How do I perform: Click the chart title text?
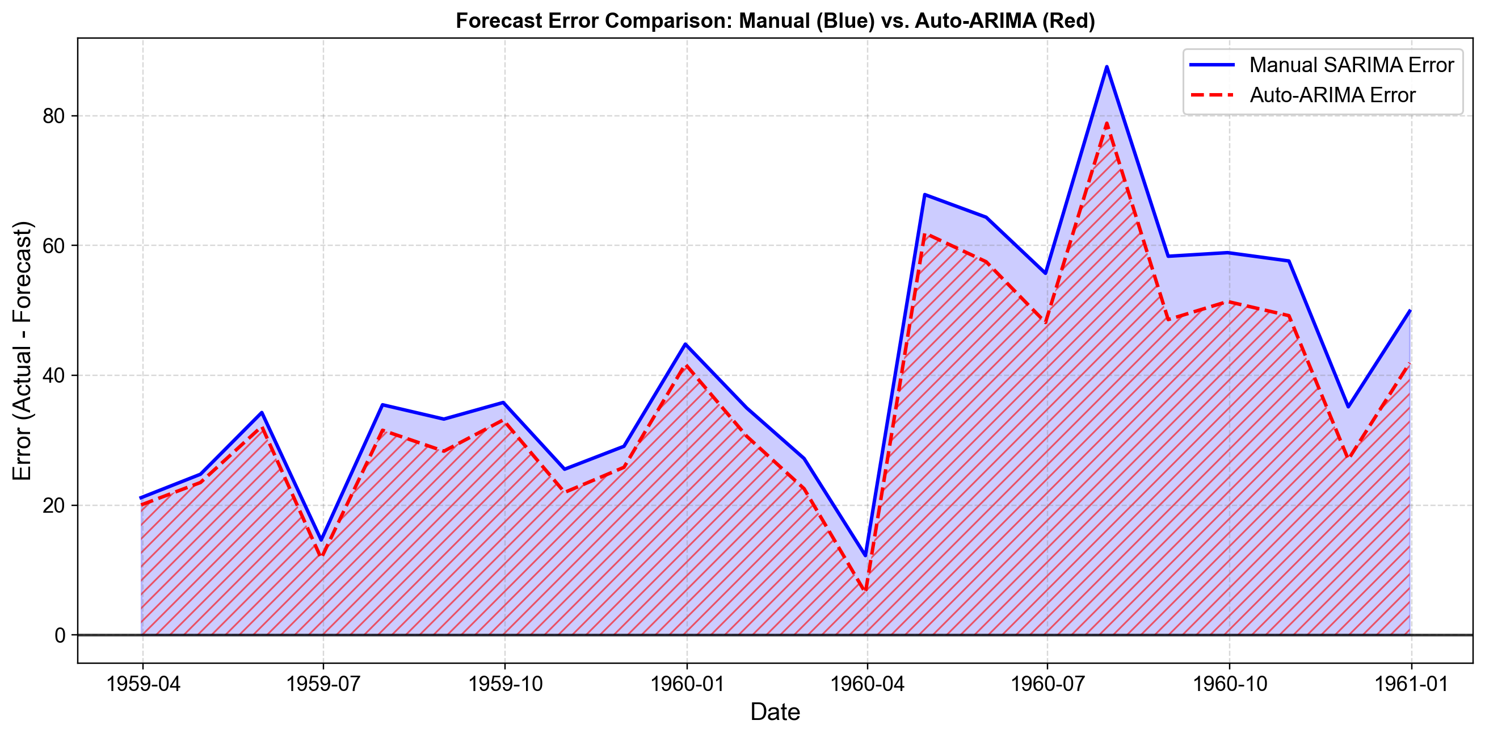click(x=775, y=21)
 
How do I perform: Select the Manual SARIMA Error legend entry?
click(x=1351, y=65)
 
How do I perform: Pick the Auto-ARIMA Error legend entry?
click(x=1332, y=95)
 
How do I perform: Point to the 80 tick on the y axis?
click(x=53, y=116)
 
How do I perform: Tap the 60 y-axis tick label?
click(x=53, y=246)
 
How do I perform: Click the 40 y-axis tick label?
click(x=53, y=375)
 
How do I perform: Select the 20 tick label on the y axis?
click(x=53, y=505)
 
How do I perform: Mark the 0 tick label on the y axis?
click(x=60, y=635)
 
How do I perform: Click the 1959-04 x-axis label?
click(x=143, y=684)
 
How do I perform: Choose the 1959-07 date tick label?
click(x=323, y=684)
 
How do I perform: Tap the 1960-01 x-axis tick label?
click(x=687, y=684)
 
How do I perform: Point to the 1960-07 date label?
click(x=1048, y=684)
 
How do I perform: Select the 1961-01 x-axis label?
click(x=1411, y=684)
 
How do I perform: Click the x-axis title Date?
click(x=775, y=713)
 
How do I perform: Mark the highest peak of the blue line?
click(x=1107, y=67)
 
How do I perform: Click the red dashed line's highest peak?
click(x=1107, y=123)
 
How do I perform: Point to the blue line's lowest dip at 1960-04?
click(x=865, y=555)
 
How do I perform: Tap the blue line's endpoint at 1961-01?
click(x=1410, y=310)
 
